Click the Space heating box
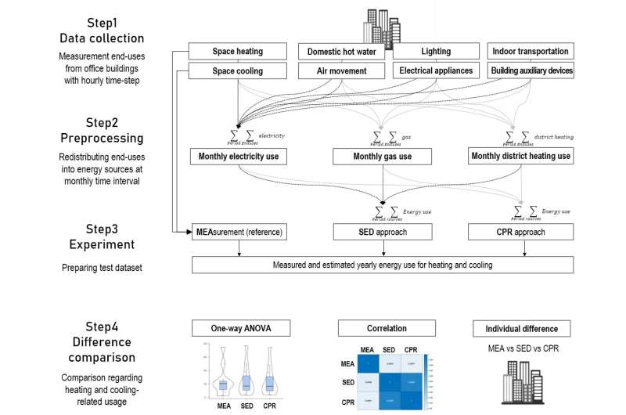click(x=238, y=52)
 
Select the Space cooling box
click(x=238, y=70)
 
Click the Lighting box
click(x=436, y=52)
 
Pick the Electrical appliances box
click(x=436, y=70)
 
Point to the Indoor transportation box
click(x=531, y=52)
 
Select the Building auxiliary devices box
click(x=531, y=70)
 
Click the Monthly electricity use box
click(x=238, y=157)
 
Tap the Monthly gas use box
click(x=383, y=157)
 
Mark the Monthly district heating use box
click(x=521, y=157)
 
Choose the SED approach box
click(x=383, y=232)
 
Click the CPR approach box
click(x=521, y=232)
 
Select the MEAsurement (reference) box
click(x=238, y=232)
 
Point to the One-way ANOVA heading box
click(x=238, y=328)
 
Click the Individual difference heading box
click(x=521, y=328)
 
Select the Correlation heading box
click(x=383, y=328)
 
